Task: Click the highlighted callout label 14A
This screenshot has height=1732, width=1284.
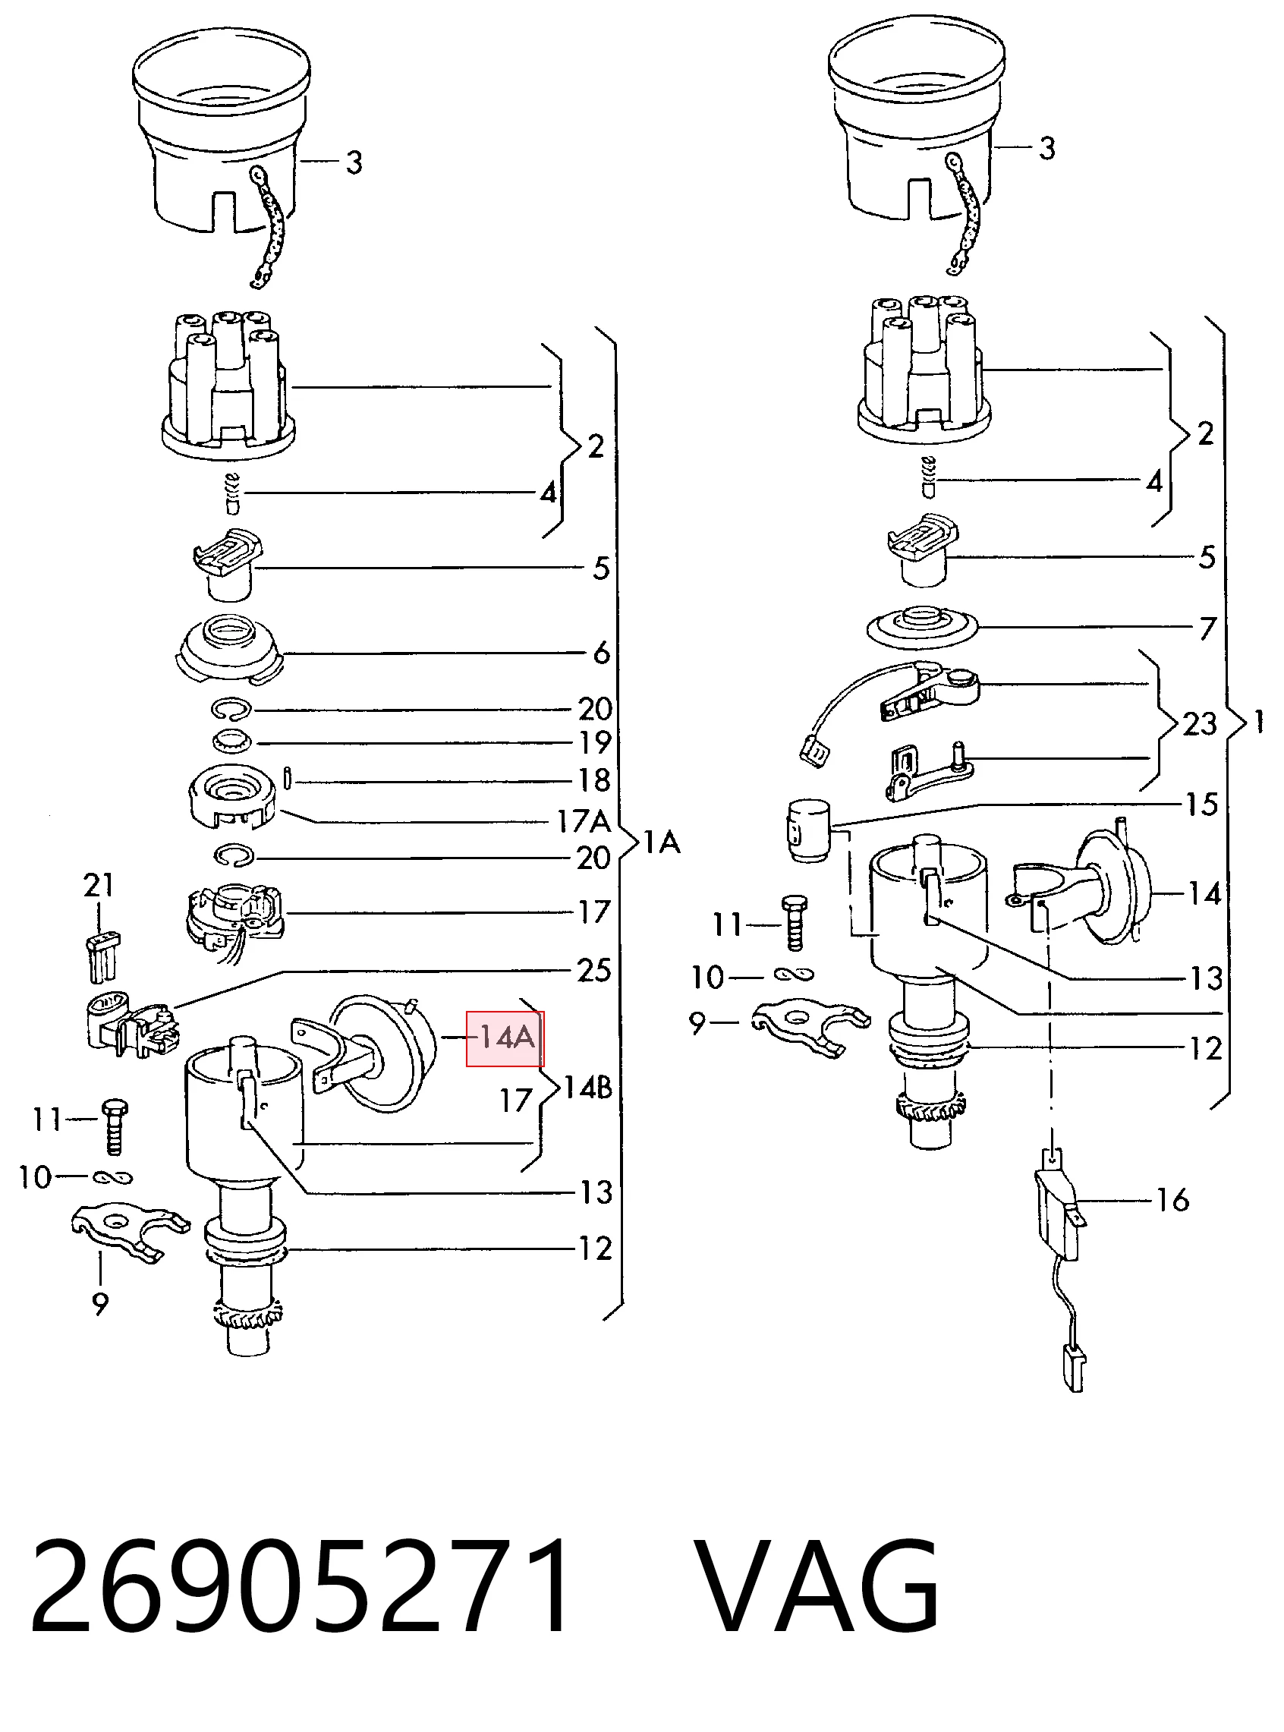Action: click(505, 1038)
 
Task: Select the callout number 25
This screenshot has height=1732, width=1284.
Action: click(593, 970)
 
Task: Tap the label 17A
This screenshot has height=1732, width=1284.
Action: click(584, 821)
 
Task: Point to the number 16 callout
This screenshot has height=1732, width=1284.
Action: click(1173, 1200)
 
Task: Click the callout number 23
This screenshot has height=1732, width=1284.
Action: click(1200, 724)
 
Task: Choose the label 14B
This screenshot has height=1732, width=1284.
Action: click(587, 1088)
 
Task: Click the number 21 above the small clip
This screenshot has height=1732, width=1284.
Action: click(99, 885)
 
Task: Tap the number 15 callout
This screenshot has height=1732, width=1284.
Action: click(1201, 805)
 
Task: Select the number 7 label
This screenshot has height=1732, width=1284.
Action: click(1207, 628)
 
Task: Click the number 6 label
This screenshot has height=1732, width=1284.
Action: click(602, 653)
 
